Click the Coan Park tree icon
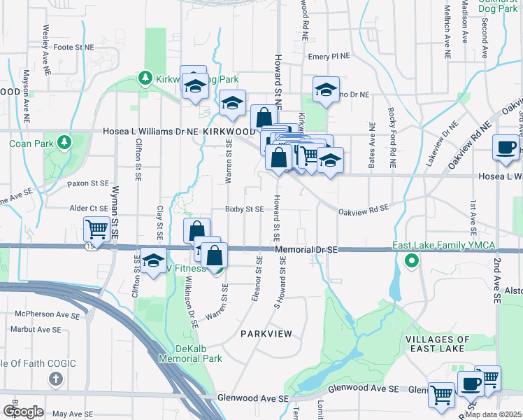tap(65, 143)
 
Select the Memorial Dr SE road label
tap(306, 249)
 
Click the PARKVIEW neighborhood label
tap(265, 334)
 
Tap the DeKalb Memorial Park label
tap(190, 353)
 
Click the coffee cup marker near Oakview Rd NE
tap(506, 148)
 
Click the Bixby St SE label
tap(244, 209)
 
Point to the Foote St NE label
tap(73, 48)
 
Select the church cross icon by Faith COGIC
tap(56, 379)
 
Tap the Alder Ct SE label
tap(88, 208)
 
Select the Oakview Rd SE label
tap(363, 208)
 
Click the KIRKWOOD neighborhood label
tap(231, 131)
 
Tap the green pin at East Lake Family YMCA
tap(412, 262)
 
